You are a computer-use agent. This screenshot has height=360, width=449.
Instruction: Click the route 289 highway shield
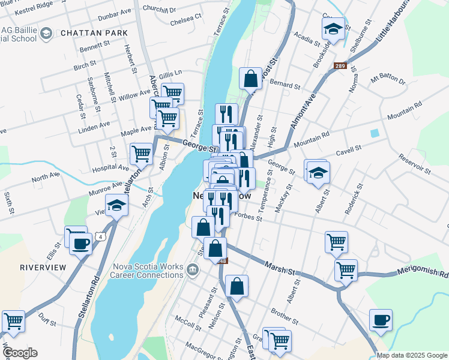340,66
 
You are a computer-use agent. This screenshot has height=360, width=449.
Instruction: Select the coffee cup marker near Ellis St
80,244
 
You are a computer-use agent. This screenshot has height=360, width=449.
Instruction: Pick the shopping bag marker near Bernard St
250,79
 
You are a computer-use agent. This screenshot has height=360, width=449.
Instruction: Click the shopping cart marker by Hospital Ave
141,153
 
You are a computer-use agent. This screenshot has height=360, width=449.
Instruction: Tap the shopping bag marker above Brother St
237,287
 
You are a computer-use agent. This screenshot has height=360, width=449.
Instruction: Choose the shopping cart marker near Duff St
13,322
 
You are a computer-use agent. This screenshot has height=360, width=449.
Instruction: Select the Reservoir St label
415,164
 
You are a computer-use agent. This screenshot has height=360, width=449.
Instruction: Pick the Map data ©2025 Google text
411,355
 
